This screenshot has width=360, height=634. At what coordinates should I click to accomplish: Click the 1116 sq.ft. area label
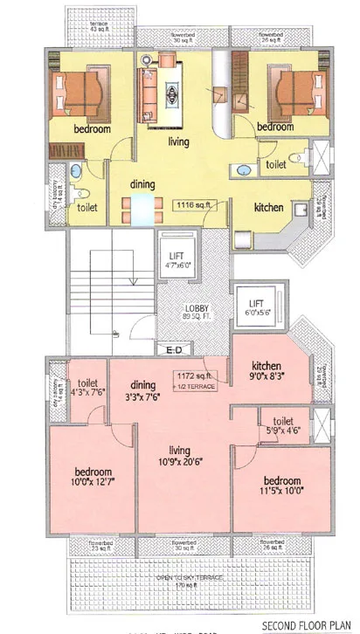pyautogui.click(x=196, y=205)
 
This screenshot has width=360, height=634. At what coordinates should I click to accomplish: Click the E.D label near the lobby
pyautogui.click(x=174, y=350)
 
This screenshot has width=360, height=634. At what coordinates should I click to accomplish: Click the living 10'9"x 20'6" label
pyautogui.click(x=181, y=456)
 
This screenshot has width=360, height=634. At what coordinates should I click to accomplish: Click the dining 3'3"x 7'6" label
pyautogui.click(x=142, y=389)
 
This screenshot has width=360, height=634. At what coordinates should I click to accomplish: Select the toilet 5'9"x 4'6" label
pyautogui.click(x=281, y=427)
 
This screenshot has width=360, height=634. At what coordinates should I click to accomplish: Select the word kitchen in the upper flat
pyautogui.click(x=268, y=208)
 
